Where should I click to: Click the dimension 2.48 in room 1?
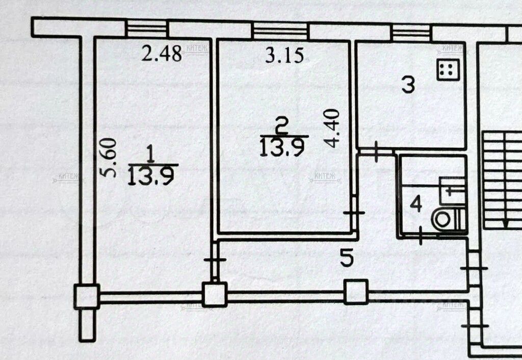click(162, 54)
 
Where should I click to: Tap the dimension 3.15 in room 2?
click(284, 55)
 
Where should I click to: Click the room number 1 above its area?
click(149, 153)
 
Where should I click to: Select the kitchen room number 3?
click(407, 85)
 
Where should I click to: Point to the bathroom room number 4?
click(416, 205)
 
